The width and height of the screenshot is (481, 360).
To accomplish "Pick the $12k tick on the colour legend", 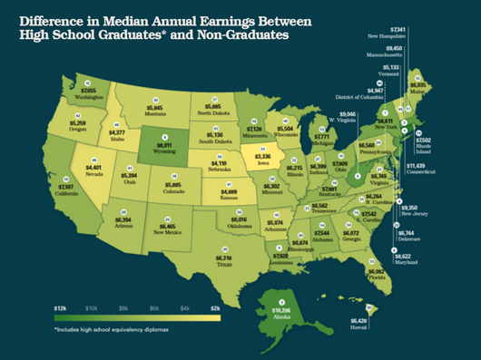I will point(61,309).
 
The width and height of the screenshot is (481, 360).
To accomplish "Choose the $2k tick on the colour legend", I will point(215,309).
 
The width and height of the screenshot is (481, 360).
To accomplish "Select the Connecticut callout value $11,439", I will point(417,166).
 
